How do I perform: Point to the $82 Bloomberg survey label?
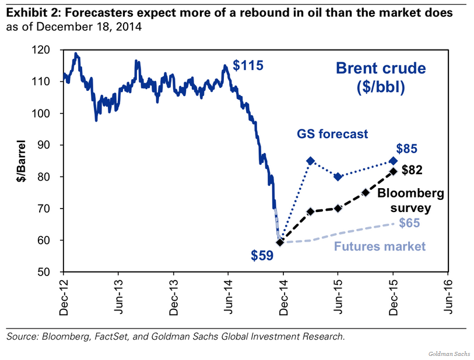(413, 170)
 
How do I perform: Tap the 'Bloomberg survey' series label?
(403, 200)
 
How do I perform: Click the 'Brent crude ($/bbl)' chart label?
(380, 78)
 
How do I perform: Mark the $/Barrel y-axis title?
(22, 160)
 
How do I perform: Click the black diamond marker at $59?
(280, 242)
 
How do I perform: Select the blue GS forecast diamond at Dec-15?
(393, 161)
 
